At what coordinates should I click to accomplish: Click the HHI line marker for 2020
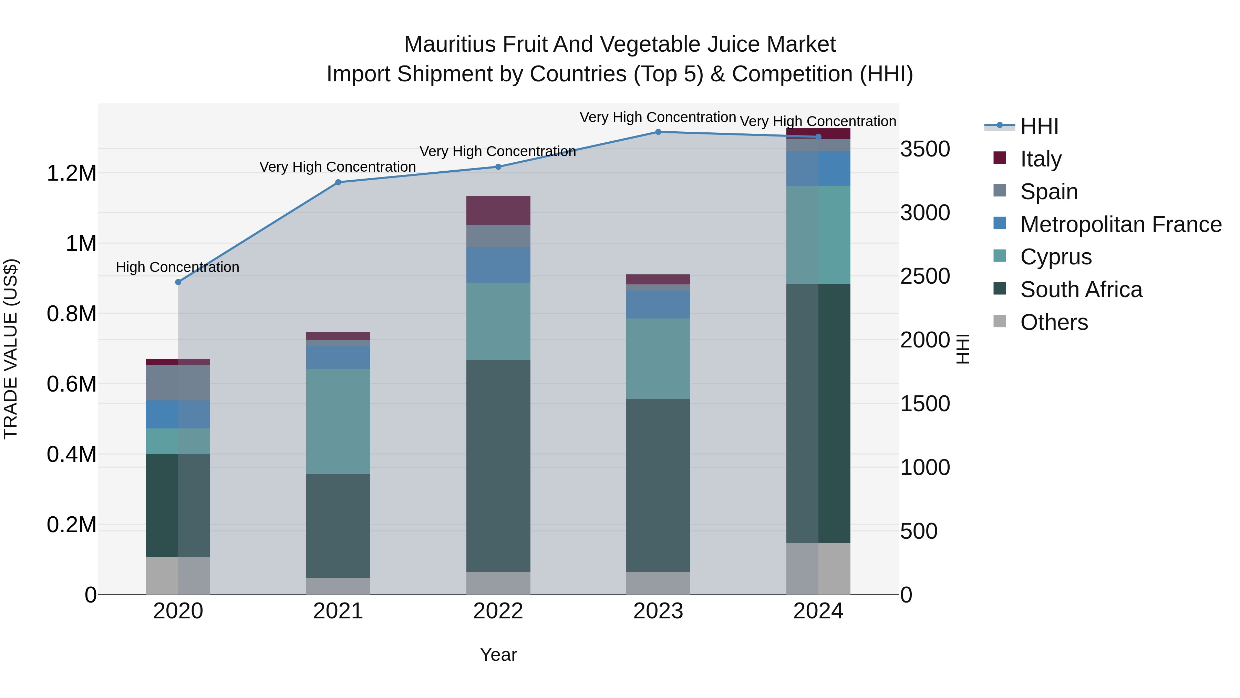[178, 282]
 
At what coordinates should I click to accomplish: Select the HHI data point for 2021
[338, 182]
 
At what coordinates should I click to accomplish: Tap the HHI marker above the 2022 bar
[498, 167]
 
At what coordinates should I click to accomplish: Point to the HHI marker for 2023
[658, 132]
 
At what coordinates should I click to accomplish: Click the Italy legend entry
[1040, 159]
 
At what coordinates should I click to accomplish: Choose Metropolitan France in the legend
[1120, 224]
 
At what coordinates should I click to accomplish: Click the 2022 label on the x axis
[498, 611]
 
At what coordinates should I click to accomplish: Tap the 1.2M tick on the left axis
[72, 173]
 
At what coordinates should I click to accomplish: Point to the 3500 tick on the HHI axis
[925, 149]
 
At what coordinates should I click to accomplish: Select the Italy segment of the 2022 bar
[498, 210]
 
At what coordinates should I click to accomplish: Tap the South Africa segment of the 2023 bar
[658, 485]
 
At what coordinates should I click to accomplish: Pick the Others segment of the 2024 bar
[818, 568]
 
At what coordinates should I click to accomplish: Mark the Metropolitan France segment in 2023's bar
[658, 304]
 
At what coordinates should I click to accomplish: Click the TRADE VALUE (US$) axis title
[11, 349]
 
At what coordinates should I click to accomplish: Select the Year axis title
[498, 655]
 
